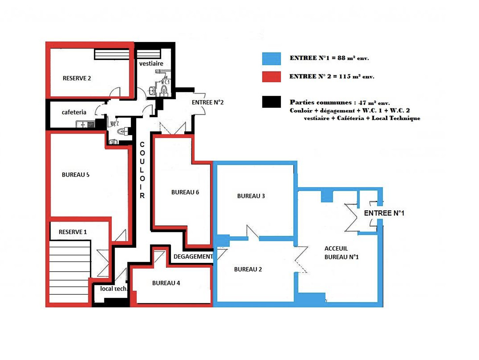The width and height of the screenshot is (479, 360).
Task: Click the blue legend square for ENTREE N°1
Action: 271,59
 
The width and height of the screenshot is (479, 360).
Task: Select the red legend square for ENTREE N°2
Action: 271,77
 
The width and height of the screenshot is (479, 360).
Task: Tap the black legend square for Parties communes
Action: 271,102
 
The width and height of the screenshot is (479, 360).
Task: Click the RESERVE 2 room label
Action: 77,78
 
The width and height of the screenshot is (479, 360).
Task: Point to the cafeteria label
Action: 74,112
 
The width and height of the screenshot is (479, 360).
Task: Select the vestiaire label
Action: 151,64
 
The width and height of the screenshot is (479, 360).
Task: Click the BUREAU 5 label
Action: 75,175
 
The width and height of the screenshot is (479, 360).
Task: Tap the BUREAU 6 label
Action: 185,192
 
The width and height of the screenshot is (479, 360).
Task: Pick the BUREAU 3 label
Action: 251,196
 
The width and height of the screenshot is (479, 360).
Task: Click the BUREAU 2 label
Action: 248,269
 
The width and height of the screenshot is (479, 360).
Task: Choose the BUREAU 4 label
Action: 166,283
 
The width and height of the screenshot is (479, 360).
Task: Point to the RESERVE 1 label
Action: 73,232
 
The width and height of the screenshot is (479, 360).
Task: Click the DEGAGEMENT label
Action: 193,257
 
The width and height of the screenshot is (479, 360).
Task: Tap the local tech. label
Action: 114,289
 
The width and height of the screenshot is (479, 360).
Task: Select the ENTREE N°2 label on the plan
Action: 208,102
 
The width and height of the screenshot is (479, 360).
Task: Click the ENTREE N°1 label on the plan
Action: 384,213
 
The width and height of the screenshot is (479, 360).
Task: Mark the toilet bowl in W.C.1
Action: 164,90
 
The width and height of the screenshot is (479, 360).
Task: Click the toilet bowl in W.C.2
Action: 121,132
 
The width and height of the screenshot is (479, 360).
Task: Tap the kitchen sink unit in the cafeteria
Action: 85,124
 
